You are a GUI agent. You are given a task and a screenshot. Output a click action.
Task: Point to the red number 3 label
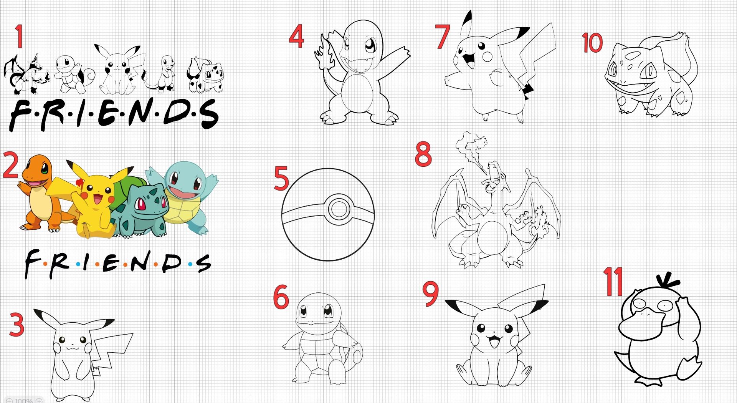pyautogui.click(x=17, y=325)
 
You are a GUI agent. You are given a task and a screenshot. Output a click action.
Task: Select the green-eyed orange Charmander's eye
pyautogui.click(x=45, y=169)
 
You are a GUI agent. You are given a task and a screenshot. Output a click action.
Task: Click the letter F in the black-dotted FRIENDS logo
pyautogui.click(x=20, y=114)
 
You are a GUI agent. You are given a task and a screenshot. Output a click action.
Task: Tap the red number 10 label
pyautogui.click(x=592, y=42)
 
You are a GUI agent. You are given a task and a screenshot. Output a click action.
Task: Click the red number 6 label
pyautogui.click(x=281, y=297)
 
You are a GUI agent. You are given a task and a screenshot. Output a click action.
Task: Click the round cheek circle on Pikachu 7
pyautogui.click(x=487, y=57)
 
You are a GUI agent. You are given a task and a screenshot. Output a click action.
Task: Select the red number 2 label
pyautogui.click(x=10, y=165)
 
